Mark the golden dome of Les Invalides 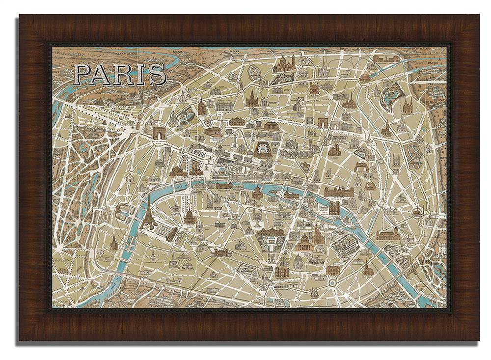click(189, 216)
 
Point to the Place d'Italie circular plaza click(332, 283)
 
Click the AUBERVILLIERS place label click(416, 50)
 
